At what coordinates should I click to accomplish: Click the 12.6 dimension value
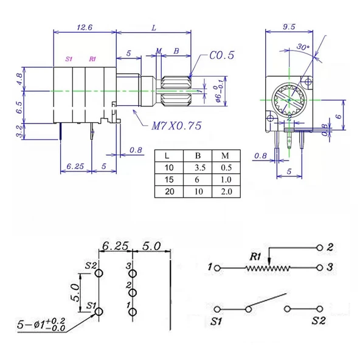point(85,27)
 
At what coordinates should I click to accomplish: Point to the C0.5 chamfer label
point(222,56)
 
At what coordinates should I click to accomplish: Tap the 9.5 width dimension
point(289,27)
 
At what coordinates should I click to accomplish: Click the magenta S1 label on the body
point(69,59)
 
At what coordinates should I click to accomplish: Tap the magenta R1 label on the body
point(92,59)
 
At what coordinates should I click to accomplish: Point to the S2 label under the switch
point(318,320)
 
